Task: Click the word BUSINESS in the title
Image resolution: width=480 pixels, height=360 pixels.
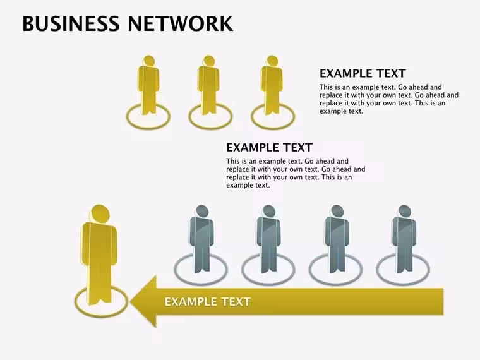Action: pos(71,23)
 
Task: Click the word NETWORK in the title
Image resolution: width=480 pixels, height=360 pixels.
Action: pos(180,23)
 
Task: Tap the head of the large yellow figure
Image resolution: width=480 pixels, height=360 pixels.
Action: pos(100,213)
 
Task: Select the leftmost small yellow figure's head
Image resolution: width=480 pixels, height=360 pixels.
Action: pos(149,61)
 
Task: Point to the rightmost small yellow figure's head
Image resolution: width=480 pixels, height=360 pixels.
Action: pos(272,61)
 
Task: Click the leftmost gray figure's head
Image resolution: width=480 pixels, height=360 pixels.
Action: pos(201,211)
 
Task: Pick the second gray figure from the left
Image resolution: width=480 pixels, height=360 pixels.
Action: pos(268,239)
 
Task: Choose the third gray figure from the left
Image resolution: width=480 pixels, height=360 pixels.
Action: pos(337,239)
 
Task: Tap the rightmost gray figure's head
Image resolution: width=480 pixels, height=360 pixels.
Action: pos(404,211)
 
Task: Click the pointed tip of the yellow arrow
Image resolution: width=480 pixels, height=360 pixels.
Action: pos(131,301)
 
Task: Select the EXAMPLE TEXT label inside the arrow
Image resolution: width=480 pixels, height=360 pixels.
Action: pos(208,302)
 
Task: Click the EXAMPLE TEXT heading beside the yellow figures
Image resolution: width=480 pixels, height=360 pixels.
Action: pos(363,73)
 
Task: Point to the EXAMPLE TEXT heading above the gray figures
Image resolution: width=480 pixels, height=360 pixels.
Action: pos(269,148)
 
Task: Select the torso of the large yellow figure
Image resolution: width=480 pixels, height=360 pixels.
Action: pos(99,245)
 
